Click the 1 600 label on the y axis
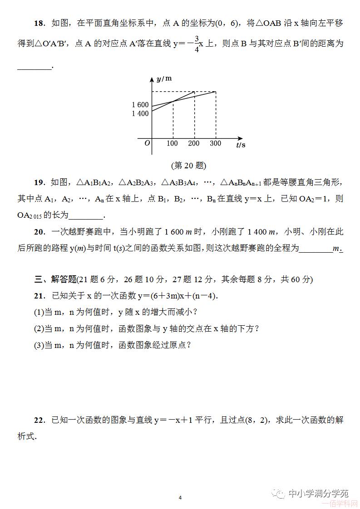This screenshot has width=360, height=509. click(140, 105)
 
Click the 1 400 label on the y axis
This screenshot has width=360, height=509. click(140, 113)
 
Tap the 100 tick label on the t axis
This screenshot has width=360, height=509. click(173, 143)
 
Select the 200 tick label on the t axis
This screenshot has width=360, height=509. click(194, 143)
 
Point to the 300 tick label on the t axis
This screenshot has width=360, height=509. click(215, 143)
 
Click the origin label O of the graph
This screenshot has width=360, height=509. click(147, 143)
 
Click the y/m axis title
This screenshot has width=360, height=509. click(164, 78)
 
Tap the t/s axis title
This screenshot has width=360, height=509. click(241, 145)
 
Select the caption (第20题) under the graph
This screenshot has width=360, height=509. click(188, 166)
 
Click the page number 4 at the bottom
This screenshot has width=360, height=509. click(180, 498)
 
